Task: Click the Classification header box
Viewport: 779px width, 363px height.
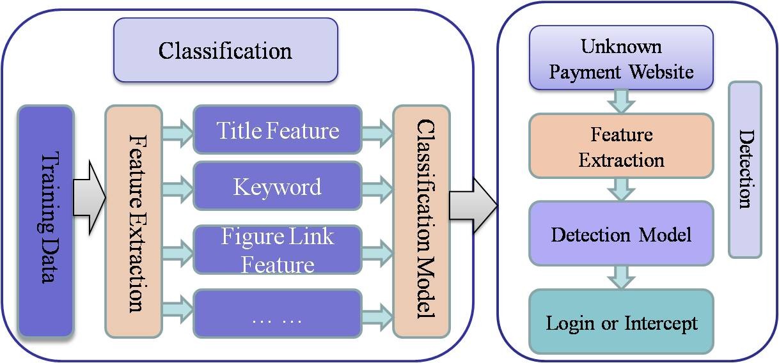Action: (x=225, y=50)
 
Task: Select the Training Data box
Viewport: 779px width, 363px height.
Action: (x=45, y=220)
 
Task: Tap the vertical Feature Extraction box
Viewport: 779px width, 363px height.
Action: (x=134, y=220)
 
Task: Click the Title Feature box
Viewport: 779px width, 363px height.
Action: (x=278, y=131)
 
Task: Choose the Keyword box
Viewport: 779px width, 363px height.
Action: (x=278, y=187)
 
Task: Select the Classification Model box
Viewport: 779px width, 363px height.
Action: (x=421, y=220)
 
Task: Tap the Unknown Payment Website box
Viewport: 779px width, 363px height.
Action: (x=621, y=58)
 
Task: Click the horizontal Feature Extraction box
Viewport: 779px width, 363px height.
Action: (x=621, y=146)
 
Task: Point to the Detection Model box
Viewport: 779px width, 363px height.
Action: (x=621, y=234)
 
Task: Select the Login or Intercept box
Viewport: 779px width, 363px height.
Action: (x=621, y=322)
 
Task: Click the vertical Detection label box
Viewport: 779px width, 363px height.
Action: (x=745, y=169)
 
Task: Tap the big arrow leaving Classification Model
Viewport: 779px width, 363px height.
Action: (x=473, y=205)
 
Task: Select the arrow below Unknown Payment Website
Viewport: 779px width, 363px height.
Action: (x=621, y=101)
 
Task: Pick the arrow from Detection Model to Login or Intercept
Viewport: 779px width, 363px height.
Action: (x=621, y=277)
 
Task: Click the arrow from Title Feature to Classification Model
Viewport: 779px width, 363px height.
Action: (x=377, y=132)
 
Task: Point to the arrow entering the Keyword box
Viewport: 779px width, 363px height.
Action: (x=178, y=187)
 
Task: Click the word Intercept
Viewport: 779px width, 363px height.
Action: (x=661, y=323)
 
